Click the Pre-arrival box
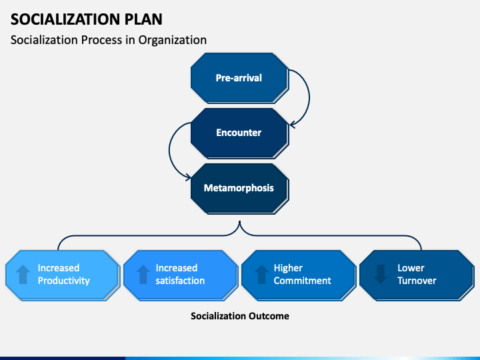pyautogui.click(x=240, y=78)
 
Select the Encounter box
pyautogui.click(x=240, y=133)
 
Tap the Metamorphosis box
pyautogui.click(x=240, y=188)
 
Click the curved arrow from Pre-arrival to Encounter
pyautogui.click(x=309, y=97)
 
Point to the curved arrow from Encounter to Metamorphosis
pyautogui.click(x=169, y=150)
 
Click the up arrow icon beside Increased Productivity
pyautogui.click(x=23, y=274)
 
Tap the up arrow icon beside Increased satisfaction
pyautogui.click(x=143, y=274)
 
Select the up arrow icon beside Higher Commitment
pyautogui.click(x=261, y=274)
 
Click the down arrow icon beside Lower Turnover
pyautogui.click(x=381, y=274)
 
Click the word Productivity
pyautogui.click(x=64, y=281)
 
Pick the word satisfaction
pyautogui.click(x=180, y=281)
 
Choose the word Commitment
pyautogui.click(x=303, y=281)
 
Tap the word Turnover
pyautogui.click(x=417, y=281)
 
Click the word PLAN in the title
pyautogui.click(x=143, y=19)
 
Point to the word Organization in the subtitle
pyautogui.click(x=173, y=40)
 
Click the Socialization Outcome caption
pyautogui.click(x=240, y=316)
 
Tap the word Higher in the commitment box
pyautogui.click(x=288, y=268)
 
